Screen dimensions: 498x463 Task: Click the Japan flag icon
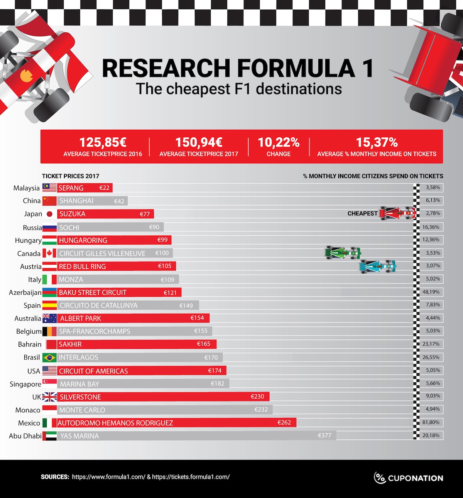pyautogui.click(x=49, y=214)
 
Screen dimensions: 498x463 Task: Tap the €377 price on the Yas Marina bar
pyautogui.click(x=324, y=436)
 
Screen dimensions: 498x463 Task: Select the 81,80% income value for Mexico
pyautogui.click(x=431, y=422)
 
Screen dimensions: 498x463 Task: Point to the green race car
pyautogui.click(x=343, y=253)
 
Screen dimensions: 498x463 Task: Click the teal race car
pyautogui.click(x=378, y=266)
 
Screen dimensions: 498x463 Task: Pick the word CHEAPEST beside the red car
pyautogui.click(x=362, y=213)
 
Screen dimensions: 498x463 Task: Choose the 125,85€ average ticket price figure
pyautogui.click(x=103, y=142)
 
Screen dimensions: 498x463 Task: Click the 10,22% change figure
pyautogui.click(x=279, y=142)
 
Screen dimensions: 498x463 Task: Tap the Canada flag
pyautogui.click(x=49, y=253)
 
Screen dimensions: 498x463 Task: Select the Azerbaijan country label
pyautogui.click(x=25, y=292)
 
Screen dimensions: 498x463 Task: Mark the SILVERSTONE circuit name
pyautogui.click(x=80, y=397)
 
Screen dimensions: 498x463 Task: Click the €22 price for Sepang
pyautogui.click(x=104, y=188)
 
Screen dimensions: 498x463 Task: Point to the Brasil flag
pyautogui.click(x=49, y=358)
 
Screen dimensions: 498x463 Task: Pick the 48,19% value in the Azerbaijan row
pyautogui.click(x=431, y=292)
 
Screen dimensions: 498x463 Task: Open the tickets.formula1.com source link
pyautogui.click(x=191, y=477)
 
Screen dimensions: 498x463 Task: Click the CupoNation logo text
pyautogui.click(x=415, y=478)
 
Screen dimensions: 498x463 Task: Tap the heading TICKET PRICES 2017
pyautogui.click(x=71, y=176)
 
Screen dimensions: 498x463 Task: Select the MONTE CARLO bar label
pyautogui.click(x=82, y=410)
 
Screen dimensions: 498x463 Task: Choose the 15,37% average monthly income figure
pyautogui.click(x=377, y=142)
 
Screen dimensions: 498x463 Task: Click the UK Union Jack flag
pyautogui.click(x=49, y=397)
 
